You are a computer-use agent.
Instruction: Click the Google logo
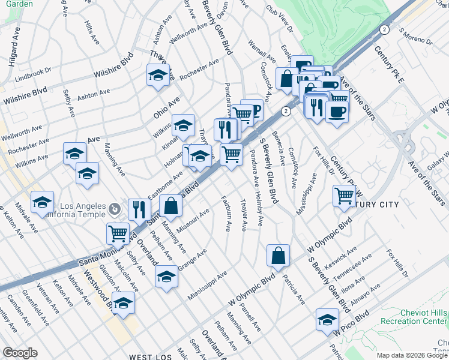pos(20,353)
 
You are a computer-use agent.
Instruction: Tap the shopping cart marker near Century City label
pos(344,196)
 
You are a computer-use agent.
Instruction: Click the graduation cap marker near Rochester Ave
pos(158,75)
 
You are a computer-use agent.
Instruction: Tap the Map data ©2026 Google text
pos(412,355)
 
